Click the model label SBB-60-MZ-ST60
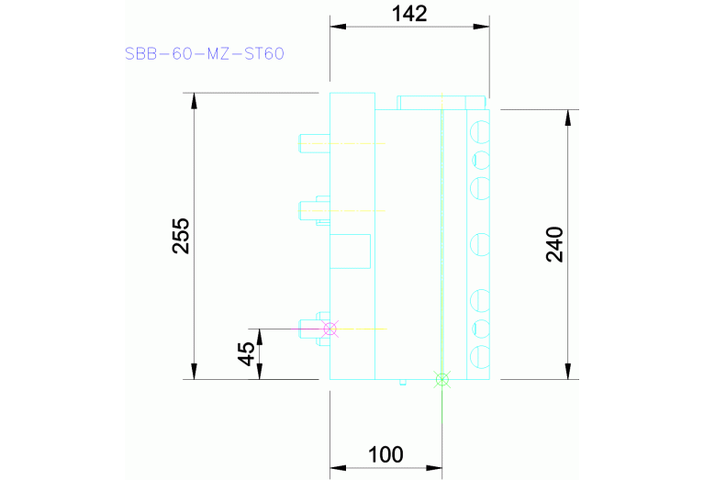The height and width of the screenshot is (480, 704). click(205, 53)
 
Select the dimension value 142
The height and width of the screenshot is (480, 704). click(409, 14)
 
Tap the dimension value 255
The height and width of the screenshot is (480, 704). click(181, 236)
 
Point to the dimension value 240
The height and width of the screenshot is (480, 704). click(554, 244)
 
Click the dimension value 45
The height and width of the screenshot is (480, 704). click(247, 353)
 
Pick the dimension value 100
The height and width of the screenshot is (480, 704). click(386, 454)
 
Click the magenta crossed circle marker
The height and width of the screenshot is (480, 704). click(330, 329)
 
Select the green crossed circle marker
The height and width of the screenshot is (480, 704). click(442, 378)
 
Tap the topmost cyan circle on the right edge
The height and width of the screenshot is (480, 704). click(478, 132)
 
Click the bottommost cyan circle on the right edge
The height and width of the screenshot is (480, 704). click(478, 356)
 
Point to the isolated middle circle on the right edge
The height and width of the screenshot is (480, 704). click(478, 245)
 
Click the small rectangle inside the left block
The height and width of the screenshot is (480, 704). click(350, 251)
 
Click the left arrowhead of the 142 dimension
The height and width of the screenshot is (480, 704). click(337, 27)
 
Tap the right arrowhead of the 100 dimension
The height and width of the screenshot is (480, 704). click(435, 469)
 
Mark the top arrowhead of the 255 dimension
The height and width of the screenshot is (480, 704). click(194, 100)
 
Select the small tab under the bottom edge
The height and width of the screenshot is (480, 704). click(402, 383)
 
